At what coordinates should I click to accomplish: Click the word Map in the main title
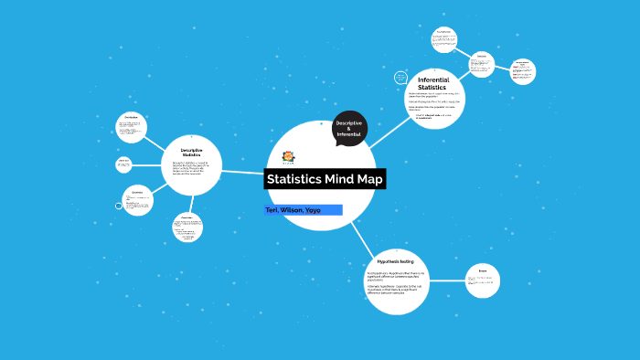[x=367, y=179]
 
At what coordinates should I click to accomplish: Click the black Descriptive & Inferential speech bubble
[x=348, y=129]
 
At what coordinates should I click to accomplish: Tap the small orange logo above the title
[x=289, y=156]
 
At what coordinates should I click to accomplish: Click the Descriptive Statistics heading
[x=191, y=152]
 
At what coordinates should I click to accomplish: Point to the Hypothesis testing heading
[x=396, y=261]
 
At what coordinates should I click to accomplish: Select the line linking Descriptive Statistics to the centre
[x=244, y=171]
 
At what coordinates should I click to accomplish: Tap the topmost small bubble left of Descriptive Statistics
[x=133, y=128]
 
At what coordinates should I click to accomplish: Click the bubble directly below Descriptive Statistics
[x=187, y=227]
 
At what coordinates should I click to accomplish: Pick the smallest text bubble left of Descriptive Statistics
[x=123, y=164]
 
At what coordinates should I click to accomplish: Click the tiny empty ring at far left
[x=118, y=206]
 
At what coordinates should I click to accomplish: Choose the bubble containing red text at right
[x=523, y=71]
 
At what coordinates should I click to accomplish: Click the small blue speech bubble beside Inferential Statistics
[x=399, y=75]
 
